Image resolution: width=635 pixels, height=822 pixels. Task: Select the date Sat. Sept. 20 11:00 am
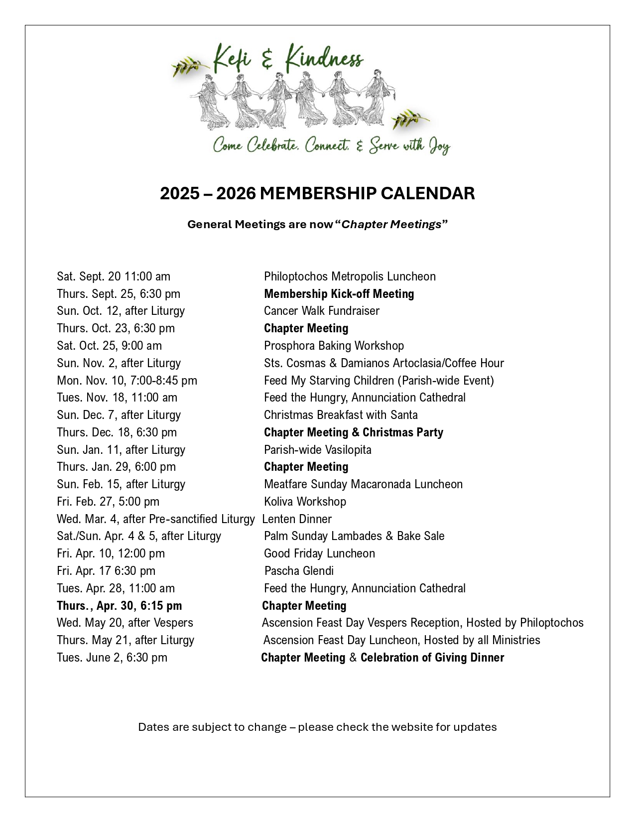tap(114, 276)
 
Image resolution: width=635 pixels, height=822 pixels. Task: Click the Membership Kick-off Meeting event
tap(339, 294)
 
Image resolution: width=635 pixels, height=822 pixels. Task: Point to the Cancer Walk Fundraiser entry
tap(321, 311)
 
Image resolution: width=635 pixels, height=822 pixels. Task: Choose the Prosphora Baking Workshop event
tap(334, 346)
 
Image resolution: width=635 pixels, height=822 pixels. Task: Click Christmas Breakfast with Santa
tap(341, 415)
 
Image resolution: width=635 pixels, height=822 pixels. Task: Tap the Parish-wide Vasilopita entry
tap(317, 450)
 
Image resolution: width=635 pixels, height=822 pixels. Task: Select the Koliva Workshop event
tap(305, 502)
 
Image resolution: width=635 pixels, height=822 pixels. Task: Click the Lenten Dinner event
tap(297, 519)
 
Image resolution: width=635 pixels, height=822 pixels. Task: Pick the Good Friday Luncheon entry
tap(319, 553)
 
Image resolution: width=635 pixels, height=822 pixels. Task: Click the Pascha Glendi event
tap(299, 571)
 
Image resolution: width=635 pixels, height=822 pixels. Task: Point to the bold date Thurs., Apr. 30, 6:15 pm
tap(120, 606)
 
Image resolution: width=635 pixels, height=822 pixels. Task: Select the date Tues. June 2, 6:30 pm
tap(112, 658)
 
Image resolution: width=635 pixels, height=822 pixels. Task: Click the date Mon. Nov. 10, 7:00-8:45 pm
tap(127, 381)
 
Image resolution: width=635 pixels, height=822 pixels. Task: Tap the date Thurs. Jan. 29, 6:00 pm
tap(116, 467)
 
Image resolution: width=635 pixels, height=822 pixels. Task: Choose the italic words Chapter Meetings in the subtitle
tap(391, 224)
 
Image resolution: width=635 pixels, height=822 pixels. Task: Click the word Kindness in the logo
tap(324, 60)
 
